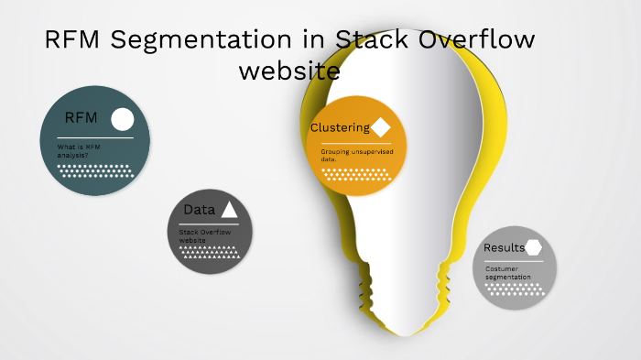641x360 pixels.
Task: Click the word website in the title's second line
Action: coord(288,71)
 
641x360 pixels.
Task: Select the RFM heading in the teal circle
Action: coord(81,118)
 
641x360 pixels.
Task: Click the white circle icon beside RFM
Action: coord(122,119)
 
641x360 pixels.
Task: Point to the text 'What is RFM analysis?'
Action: coord(78,151)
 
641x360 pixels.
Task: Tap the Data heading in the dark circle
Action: coord(199,210)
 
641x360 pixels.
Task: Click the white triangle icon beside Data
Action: coord(229,210)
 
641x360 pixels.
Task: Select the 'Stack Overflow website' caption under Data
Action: coord(204,236)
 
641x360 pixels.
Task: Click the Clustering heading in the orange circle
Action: coord(340,127)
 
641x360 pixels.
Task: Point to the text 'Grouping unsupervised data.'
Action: coord(356,155)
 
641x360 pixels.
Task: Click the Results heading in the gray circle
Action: coord(504,247)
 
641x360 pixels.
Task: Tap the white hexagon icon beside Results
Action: coord(534,247)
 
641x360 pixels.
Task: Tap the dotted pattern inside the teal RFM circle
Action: coord(94,171)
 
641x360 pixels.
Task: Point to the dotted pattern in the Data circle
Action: coord(211,253)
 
